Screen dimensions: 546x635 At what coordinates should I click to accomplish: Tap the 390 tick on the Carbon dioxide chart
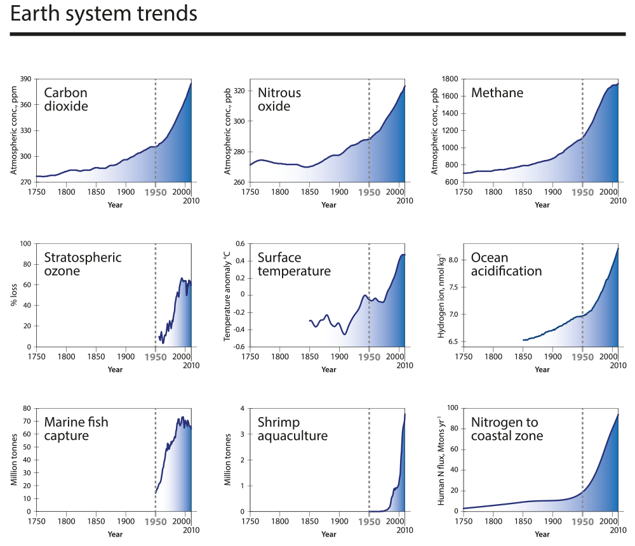pos(27,79)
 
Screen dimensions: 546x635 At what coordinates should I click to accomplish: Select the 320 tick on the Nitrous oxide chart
pos(240,91)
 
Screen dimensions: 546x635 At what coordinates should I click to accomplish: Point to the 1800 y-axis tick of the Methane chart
pos(450,79)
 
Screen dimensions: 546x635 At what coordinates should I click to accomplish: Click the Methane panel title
pos(497,93)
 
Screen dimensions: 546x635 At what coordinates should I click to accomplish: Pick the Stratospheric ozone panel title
pos(83,265)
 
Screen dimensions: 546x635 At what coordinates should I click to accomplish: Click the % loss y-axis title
pos(13,296)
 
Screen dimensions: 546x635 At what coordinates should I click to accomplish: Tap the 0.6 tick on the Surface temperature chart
pos(241,243)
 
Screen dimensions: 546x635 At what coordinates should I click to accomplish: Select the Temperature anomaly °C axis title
pos(227,295)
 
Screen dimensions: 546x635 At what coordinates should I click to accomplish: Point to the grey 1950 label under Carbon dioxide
pos(156,191)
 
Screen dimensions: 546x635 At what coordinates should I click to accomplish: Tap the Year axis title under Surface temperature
pos(328,370)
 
